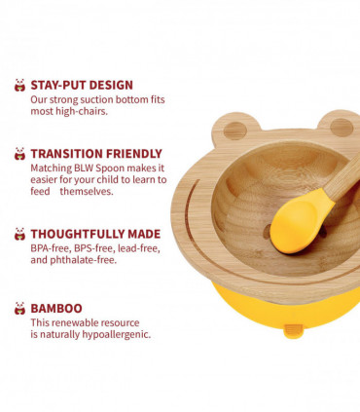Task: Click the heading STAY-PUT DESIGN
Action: coord(82,85)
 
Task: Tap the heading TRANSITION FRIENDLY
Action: coord(95,153)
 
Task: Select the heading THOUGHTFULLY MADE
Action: coord(94,234)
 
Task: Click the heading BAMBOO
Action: coord(56,308)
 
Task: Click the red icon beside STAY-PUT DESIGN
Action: coord(19,86)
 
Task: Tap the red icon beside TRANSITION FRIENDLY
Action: coord(19,153)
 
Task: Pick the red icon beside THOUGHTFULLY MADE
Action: coord(19,234)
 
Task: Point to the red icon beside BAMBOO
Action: coord(19,308)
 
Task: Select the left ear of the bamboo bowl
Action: coord(234,130)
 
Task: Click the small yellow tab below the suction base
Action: coord(293,332)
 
